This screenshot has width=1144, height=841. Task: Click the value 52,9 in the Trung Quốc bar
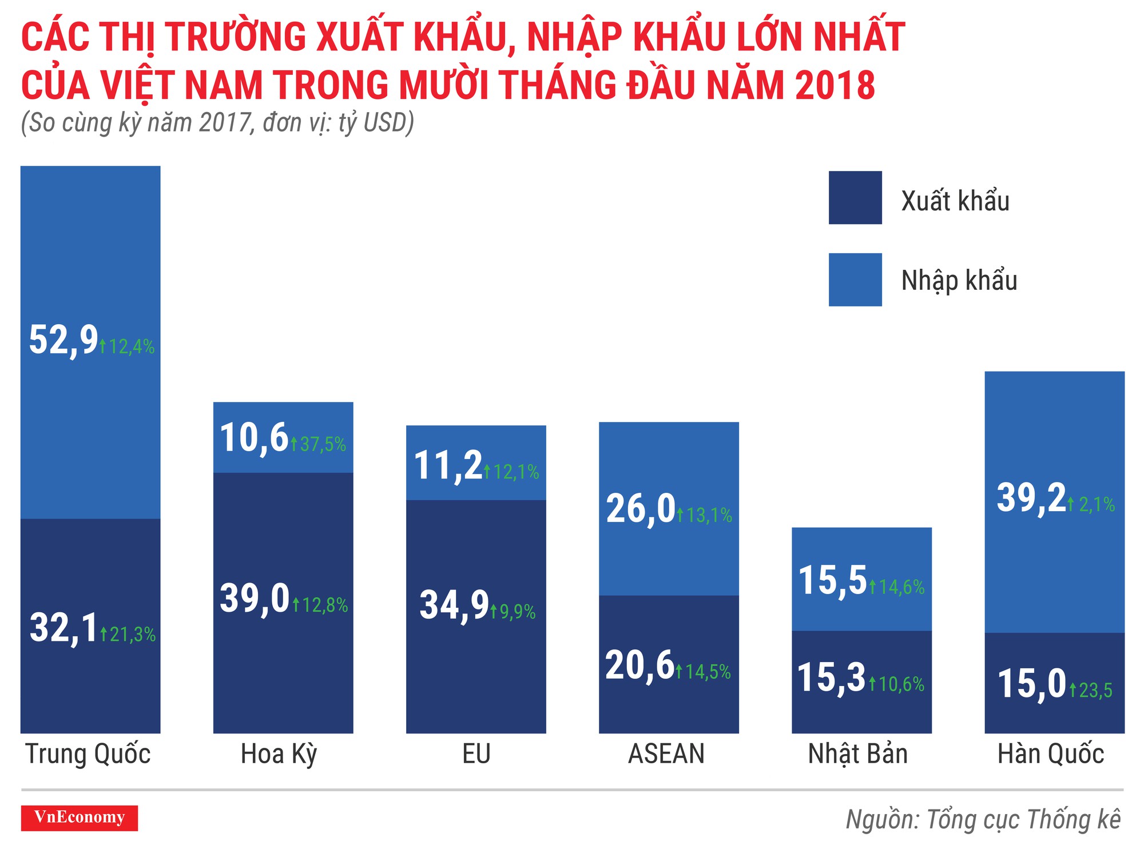[x=63, y=341]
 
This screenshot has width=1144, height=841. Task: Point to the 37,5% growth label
[x=319, y=444]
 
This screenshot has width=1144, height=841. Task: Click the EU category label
[x=476, y=754]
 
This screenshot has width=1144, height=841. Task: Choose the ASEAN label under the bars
[x=666, y=754]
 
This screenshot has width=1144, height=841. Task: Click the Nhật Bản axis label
[x=857, y=754]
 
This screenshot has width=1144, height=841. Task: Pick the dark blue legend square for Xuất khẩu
[x=855, y=198]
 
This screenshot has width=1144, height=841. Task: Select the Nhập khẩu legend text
[x=959, y=281]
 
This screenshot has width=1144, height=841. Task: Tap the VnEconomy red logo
[x=80, y=818]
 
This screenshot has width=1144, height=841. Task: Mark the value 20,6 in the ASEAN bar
[x=640, y=665]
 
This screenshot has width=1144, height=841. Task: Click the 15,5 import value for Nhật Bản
[x=832, y=581]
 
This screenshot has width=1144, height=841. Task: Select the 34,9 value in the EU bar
[x=454, y=605]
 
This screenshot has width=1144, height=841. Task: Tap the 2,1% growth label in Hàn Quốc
[x=1092, y=505]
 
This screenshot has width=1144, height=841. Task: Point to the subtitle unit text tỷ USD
[x=375, y=123]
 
